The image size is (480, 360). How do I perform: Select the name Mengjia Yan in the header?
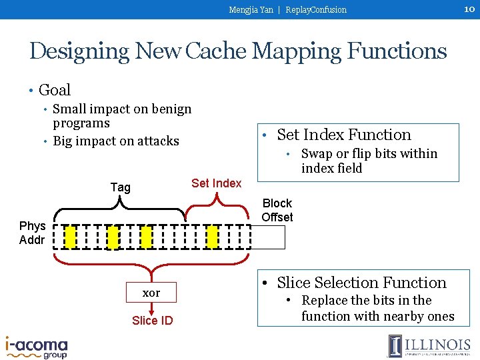[251, 10]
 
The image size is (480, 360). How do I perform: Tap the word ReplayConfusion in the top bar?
[316, 10]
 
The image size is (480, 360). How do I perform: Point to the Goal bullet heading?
[55, 90]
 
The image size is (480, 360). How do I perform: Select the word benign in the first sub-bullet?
[169, 109]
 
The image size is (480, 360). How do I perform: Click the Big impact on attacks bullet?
[116, 141]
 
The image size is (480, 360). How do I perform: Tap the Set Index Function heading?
[344, 135]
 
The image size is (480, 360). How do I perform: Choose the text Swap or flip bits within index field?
[369, 161]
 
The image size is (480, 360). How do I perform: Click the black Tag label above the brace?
[121, 187]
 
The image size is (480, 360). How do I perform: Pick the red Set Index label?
[216, 183]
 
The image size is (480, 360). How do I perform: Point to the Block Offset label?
[277, 210]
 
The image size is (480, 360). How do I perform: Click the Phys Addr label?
[32, 233]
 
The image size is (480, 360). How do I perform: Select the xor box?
[151, 293]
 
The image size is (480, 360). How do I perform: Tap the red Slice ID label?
[152, 321]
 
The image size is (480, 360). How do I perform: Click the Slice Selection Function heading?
[361, 283]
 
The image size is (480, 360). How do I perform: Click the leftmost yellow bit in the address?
[71, 237]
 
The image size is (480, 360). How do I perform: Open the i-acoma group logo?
[37, 347]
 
